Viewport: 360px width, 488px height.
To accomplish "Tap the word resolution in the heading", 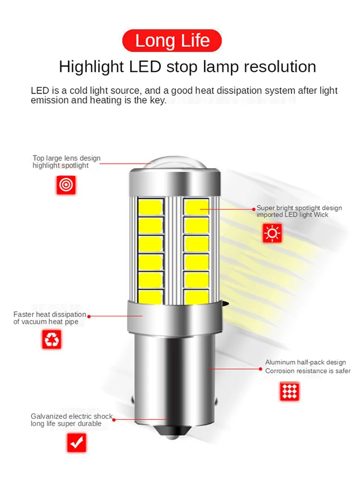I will [x=271, y=67].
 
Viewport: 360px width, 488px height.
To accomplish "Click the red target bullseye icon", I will [x=66, y=185].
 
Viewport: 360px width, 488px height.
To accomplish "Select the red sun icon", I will [x=272, y=233].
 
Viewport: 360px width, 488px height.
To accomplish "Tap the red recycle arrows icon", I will [x=52, y=339].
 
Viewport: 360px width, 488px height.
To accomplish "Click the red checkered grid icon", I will [x=289, y=391].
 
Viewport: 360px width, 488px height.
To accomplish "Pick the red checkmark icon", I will [x=77, y=442].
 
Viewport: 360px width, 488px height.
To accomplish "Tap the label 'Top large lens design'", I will [x=66, y=158].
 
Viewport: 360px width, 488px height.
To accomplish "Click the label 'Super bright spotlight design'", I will [x=299, y=208].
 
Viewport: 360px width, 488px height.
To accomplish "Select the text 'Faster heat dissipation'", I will [x=49, y=314].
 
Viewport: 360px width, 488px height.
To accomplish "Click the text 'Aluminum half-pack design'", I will [x=306, y=362].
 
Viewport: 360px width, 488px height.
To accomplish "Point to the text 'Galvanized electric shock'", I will [x=71, y=416].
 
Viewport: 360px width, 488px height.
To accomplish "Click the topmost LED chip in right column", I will [x=197, y=206].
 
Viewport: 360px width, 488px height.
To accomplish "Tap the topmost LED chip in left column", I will [x=150, y=207].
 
